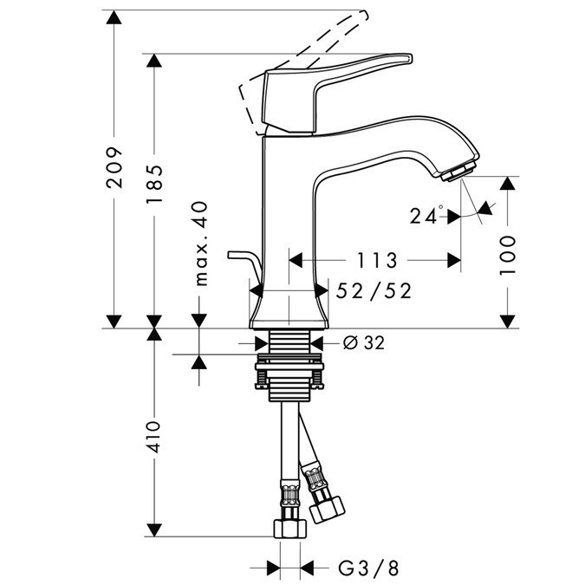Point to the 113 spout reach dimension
(x=375, y=260)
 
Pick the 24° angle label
(x=427, y=216)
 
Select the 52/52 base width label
(x=375, y=291)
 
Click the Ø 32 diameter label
(x=363, y=342)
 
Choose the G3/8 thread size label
(x=368, y=569)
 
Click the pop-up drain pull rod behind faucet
(x=244, y=264)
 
